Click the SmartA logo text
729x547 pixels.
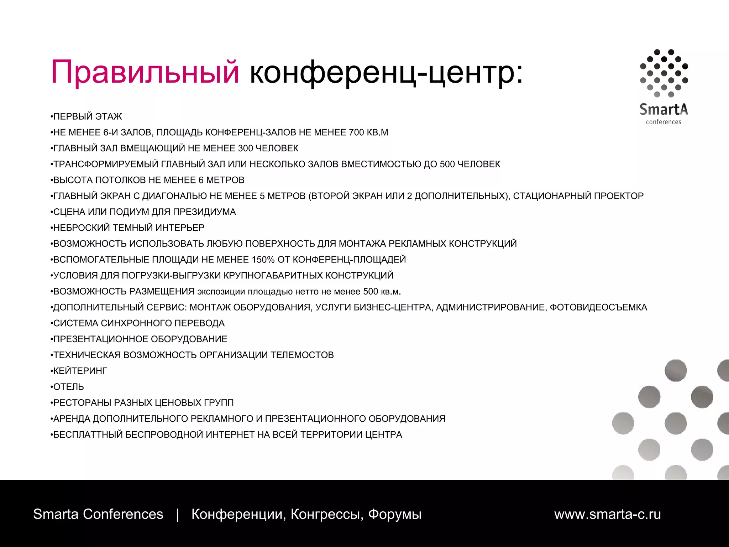coord(664,109)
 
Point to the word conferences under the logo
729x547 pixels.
coord(664,122)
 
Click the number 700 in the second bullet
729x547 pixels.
coord(356,132)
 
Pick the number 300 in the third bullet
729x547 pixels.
coord(245,148)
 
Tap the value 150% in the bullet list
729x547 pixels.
coord(263,260)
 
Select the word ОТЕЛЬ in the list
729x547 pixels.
coord(69,387)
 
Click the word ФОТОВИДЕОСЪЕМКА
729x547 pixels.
coord(598,307)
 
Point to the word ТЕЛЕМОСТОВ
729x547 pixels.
coord(302,355)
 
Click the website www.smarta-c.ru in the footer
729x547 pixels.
coord(607,514)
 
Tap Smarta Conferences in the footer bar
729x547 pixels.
coord(98,514)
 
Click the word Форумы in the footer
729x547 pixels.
coord(395,514)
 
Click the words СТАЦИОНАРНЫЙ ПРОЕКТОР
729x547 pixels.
coord(578,196)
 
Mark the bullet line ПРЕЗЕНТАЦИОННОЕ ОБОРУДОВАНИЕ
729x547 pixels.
coord(140,339)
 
